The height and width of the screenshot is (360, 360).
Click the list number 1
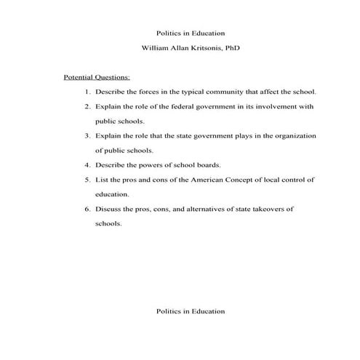click(x=87, y=92)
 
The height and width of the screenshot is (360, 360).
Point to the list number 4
click(x=87, y=165)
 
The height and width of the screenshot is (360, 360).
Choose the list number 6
click(x=87, y=209)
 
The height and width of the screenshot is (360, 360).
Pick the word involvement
click(x=277, y=107)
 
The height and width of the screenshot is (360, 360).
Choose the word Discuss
click(x=109, y=209)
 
